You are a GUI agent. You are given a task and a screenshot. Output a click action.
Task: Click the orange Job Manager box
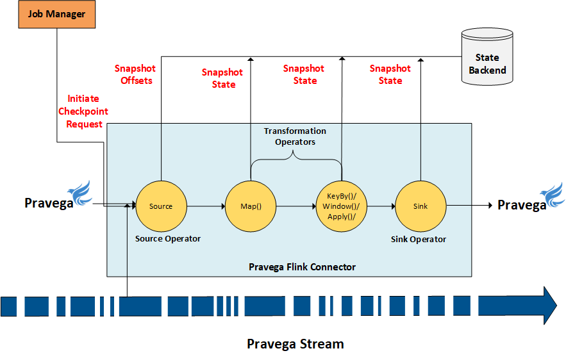(x=56, y=14)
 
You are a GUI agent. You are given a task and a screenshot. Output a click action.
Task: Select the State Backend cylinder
(x=487, y=58)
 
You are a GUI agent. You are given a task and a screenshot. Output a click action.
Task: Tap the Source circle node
(x=161, y=206)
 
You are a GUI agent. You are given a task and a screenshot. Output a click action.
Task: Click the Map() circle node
(x=251, y=206)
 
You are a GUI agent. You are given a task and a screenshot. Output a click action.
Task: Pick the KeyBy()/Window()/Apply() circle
(x=341, y=206)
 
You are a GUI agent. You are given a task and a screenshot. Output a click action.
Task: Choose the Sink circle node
(x=420, y=206)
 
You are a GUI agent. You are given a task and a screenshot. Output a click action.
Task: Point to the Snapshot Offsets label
(x=135, y=74)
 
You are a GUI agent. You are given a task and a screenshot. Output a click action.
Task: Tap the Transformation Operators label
(x=295, y=136)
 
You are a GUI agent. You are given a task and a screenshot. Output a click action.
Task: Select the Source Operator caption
(x=168, y=239)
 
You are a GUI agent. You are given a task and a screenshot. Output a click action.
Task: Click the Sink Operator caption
(x=419, y=239)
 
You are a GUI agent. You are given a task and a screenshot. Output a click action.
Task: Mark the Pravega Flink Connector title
(x=302, y=266)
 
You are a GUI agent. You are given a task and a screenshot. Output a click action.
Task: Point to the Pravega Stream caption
(x=295, y=344)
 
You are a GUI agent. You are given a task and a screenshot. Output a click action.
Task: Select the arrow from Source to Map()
(x=205, y=206)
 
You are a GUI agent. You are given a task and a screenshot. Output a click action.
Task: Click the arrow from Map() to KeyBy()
(x=295, y=206)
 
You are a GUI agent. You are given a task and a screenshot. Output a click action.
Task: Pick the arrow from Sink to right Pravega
(x=470, y=206)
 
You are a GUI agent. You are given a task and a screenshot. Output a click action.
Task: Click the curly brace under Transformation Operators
(x=295, y=158)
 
